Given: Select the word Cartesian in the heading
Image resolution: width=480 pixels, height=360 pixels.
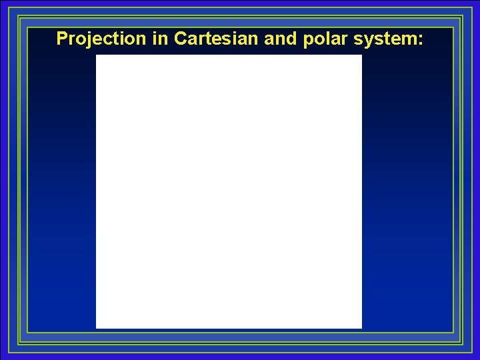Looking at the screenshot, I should [217, 39].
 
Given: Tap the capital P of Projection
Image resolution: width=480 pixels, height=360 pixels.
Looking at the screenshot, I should [62, 39].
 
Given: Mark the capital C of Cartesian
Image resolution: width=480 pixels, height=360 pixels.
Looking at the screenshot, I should [180, 39].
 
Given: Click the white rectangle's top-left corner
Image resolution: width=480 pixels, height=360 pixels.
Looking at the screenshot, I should [96, 55].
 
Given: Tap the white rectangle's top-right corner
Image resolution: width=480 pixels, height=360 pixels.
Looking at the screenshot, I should [361, 55].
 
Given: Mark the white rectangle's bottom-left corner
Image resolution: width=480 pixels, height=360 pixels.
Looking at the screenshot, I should [96, 328].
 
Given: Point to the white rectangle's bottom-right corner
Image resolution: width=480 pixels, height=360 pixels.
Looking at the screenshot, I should [361, 328].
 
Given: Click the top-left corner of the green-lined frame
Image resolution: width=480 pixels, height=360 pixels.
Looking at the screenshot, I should [19, 17].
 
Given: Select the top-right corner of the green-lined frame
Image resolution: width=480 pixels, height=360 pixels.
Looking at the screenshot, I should [461, 17].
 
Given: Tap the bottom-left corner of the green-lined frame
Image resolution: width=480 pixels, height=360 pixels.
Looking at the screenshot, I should [19, 343].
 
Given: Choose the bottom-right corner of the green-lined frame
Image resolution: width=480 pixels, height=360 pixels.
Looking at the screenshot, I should [461, 343].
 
